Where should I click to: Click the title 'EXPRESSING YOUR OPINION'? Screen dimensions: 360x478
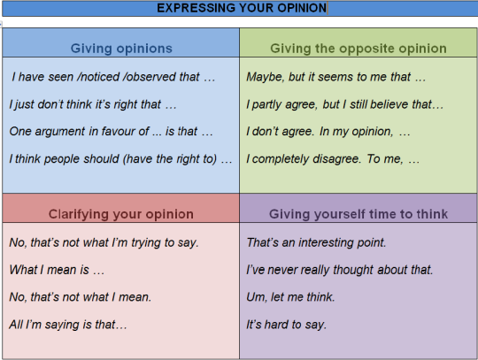242,9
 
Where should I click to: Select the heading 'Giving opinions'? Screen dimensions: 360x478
121,49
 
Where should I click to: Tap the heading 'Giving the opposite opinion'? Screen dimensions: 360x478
358,49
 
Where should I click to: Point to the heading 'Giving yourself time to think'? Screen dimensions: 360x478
358,214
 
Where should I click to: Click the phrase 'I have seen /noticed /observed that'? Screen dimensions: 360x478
112,78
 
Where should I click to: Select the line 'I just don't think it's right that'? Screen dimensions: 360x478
93,104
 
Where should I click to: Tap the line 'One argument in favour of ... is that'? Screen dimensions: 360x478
111,132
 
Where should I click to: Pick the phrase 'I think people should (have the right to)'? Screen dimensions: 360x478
121,159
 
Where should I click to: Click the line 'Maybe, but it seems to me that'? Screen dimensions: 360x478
335,78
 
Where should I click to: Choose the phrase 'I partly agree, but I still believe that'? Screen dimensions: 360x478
344,104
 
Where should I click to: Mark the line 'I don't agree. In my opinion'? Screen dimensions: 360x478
328,132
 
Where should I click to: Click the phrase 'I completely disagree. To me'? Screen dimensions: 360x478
333,159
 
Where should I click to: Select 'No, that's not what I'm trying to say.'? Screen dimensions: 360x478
104,242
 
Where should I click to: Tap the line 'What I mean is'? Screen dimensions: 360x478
57,270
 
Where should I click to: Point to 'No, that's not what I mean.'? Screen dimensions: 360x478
80,297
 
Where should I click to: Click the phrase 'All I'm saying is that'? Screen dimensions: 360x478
68,325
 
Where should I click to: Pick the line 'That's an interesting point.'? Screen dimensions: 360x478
317,242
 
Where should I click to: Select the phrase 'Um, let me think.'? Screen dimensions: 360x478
290,297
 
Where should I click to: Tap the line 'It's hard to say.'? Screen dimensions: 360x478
287,325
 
